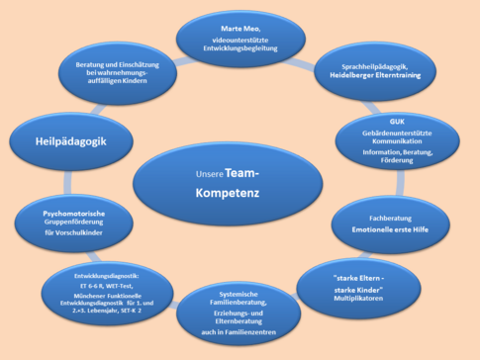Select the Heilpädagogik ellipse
tap(72, 141)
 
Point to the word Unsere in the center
tap(211, 175)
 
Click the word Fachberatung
tap(409, 215)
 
